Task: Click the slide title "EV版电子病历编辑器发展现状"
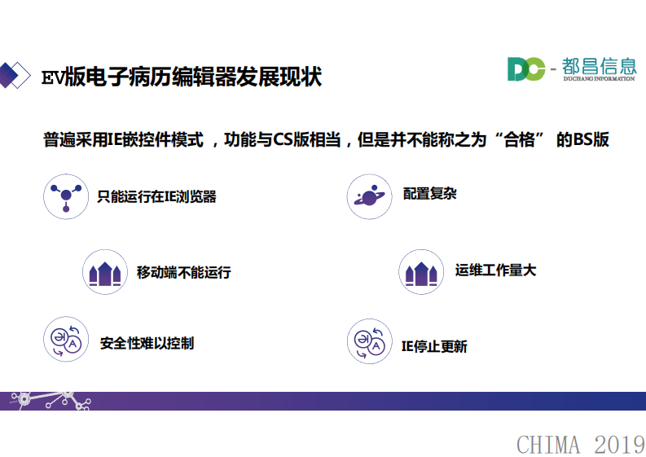[x=182, y=77]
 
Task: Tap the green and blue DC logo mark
[x=525, y=69]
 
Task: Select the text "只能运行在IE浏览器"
[x=156, y=197]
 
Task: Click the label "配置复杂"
[x=429, y=196]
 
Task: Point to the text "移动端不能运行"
[x=183, y=272]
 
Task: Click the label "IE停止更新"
[x=434, y=346]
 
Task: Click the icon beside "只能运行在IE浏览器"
[x=66, y=196]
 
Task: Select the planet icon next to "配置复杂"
[x=369, y=196]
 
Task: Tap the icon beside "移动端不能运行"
[x=105, y=272]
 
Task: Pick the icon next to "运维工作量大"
[x=421, y=272]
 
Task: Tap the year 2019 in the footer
[x=619, y=445]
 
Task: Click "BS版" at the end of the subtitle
[x=591, y=139]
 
